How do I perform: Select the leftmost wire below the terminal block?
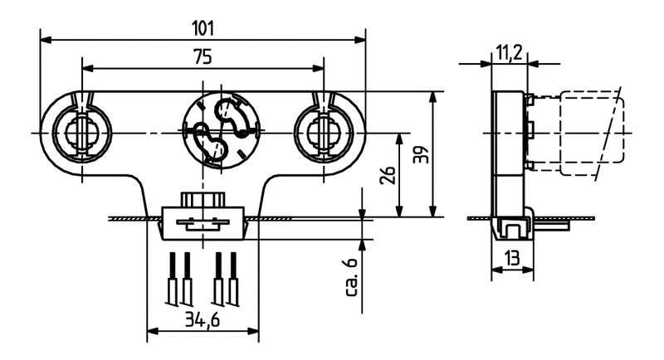point(173,279)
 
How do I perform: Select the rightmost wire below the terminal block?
point(234,279)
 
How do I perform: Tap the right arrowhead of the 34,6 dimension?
point(254,333)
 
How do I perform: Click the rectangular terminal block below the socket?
point(203,223)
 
